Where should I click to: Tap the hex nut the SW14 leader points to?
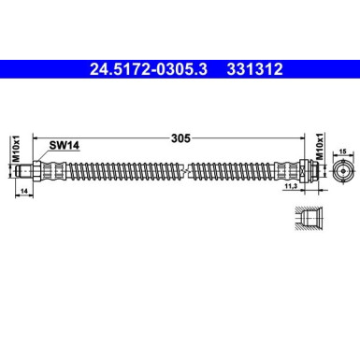[40, 172]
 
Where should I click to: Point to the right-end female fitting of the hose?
[297, 172]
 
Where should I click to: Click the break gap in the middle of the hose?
[185, 172]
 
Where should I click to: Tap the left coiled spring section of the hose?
[117, 172]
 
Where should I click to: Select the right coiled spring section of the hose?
[238, 172]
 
